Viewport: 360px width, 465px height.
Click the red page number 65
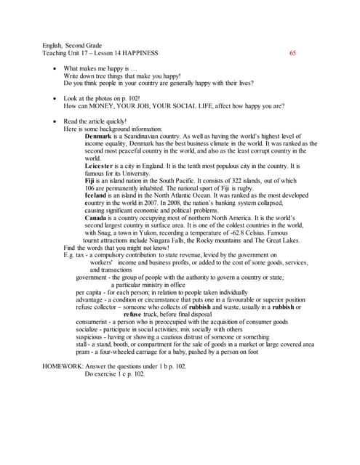tap(292, 53)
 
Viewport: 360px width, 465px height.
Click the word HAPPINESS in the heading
tap(140, 53)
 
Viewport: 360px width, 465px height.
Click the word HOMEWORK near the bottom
tap(62, 367)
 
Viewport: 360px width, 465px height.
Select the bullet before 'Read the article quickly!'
tap(56, 121)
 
